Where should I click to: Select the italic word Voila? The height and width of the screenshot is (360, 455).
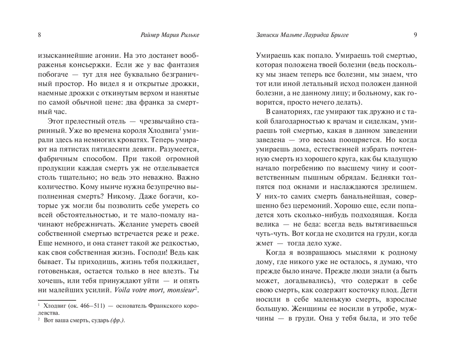point(125,290)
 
